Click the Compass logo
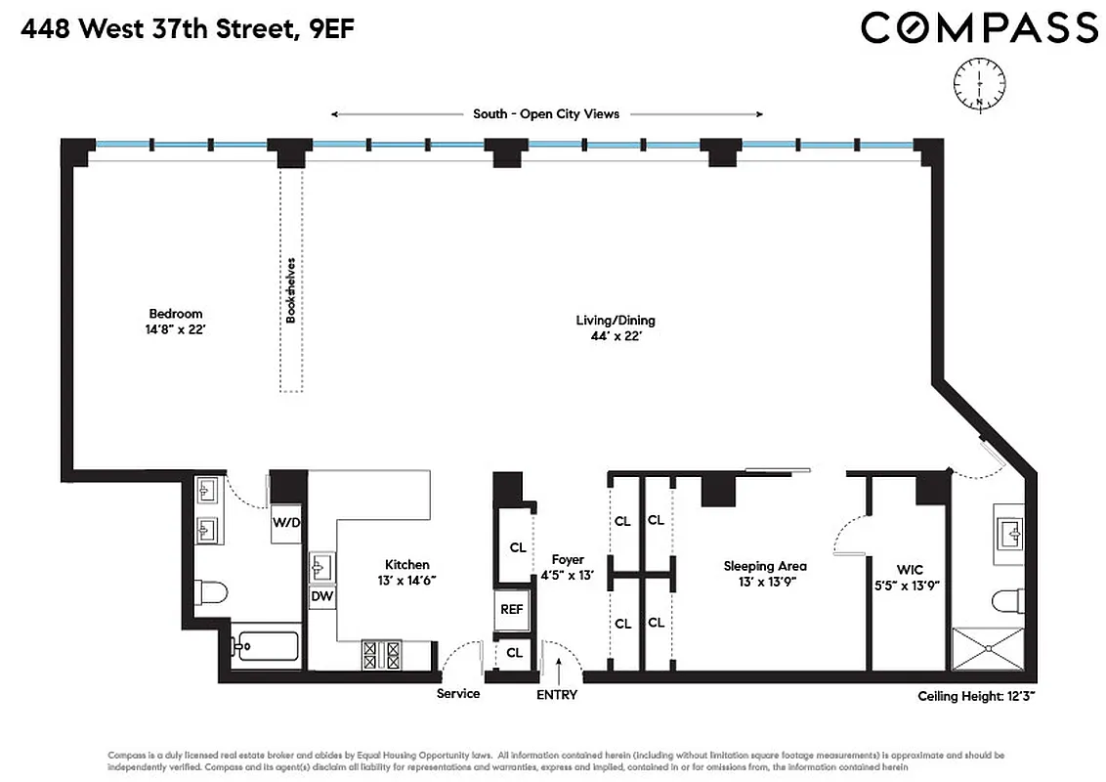(978, 27)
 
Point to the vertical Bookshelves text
(290, 290)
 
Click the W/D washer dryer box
(286, 522)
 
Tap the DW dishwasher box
(321, 595)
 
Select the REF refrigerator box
(512, 609)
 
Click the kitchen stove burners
(382, 653)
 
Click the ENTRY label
(557, 695)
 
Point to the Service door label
(458, 694)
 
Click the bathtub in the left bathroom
(266, 646)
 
